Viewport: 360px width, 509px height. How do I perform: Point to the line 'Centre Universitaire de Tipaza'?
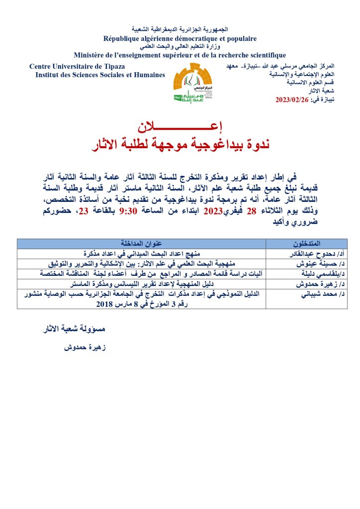77,67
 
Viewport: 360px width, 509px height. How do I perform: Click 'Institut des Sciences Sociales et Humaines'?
100,75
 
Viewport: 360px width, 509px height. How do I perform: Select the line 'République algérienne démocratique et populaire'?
180,38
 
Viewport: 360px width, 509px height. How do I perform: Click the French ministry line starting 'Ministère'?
180,55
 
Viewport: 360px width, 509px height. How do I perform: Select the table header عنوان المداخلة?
142,243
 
